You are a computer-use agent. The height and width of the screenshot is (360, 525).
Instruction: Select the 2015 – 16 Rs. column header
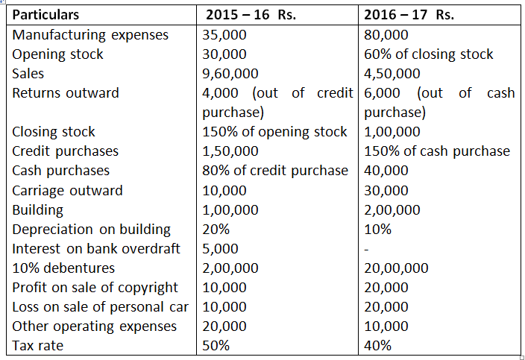(x=250, y=15)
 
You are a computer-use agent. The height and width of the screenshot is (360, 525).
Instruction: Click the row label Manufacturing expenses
(x=90, y=35)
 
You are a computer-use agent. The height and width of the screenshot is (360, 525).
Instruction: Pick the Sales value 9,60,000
(x=230, y=74)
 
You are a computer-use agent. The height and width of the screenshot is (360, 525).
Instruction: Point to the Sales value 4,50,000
(x=392, y=74)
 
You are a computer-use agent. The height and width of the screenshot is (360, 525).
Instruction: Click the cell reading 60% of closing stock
(x=429, y=54)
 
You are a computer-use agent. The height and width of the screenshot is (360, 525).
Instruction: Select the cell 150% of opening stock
(x=274, y=132)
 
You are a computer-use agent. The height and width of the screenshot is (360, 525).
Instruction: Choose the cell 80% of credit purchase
(x=274, y=171)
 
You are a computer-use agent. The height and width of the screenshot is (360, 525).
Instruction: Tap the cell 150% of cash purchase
(x=437, y=151)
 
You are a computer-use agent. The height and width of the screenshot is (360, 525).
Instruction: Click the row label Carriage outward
(x=68, y=190)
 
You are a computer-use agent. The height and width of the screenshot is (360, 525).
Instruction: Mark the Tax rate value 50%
(x=216, y=346)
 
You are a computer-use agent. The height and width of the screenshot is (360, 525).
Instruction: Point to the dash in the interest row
(x=366, y=249)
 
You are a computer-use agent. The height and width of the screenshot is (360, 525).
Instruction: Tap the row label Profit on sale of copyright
(x=95, y=288)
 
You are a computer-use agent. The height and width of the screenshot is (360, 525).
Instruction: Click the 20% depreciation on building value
(x=216, y=229)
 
